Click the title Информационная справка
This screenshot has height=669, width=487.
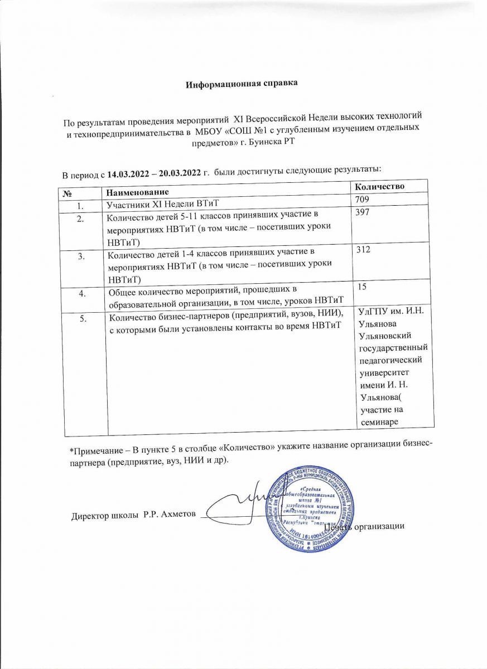(x=242, y=84)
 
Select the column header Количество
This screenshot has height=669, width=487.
(x=380, y=186)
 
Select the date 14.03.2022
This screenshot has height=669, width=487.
(x=128, y=169)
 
